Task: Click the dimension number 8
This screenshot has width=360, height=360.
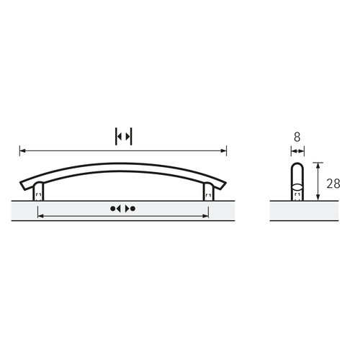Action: [x=297, y=138]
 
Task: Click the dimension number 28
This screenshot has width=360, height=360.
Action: [x=333, y=184]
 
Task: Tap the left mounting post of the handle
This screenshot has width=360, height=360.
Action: [x=38, y=191]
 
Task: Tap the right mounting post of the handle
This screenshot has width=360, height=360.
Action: [x=208, y=192]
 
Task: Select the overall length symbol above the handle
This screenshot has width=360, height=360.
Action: [x=124, y=137]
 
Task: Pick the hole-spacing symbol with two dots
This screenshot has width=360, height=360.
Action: [x=123, y=209]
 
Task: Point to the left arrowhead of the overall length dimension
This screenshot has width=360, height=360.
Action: [x=22, y=150]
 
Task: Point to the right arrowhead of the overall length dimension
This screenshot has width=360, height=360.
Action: [x=224, y=150]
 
